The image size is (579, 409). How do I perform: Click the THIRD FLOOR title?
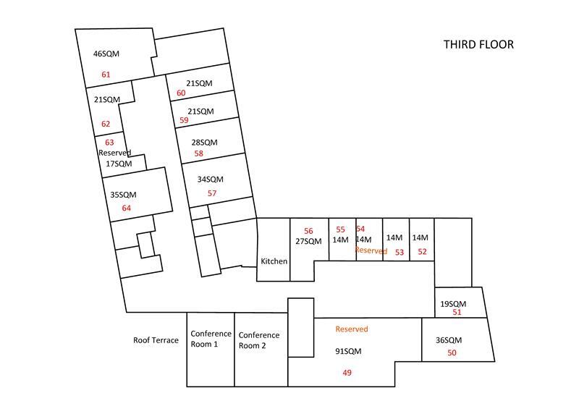tap(478, 44)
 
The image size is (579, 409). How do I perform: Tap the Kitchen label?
tap(274, 261)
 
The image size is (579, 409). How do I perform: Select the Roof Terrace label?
tap(156, 340)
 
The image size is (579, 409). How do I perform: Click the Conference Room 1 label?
tap(211, 339)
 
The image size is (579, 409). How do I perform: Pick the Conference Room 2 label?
tap(259, 340)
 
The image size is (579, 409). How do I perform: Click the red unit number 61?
tap(106, 75)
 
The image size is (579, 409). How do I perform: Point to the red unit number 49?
tap(347, 373)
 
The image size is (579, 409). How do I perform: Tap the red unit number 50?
tap(452, 353)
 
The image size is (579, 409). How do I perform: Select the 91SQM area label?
tap(348, 351)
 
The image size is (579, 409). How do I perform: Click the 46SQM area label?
tap(106, 54)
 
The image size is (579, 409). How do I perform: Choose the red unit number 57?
tap(212, 193)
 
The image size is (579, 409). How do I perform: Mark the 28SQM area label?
tap(205, 143)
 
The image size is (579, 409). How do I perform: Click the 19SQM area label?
tap(453, 304)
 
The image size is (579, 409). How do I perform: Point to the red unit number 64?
tap(126, 208)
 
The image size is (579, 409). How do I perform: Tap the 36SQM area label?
tap(449, 340)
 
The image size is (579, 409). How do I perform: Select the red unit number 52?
tap(423, 252)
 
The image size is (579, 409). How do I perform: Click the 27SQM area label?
tap(309, 241)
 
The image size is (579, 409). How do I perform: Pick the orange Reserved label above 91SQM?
tap(352, 329)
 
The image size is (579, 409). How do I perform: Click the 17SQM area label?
tap(119, 164)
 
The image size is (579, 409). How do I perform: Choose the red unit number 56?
tap(309, 231)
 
